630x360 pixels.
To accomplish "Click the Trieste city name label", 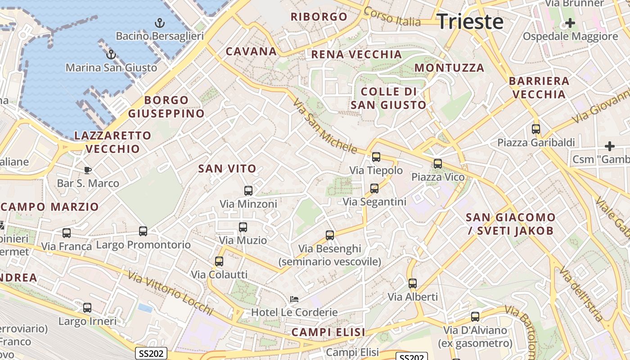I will [x=470, y=22].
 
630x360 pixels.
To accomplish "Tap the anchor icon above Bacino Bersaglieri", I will [x=159, y=22].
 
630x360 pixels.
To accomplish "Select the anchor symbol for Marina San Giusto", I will [x=111, y=54].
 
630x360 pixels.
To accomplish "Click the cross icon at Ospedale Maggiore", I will [x=570, y=22].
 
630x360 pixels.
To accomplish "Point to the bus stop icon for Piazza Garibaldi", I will [x=535, y=129].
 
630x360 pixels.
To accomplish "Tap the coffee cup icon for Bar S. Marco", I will [x=88, y=170].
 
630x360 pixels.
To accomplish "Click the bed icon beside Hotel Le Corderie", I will [x=294, y=299].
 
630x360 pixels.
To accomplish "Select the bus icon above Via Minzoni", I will [x=248, y=190].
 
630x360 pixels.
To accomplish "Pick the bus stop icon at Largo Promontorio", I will [x=143, y=231].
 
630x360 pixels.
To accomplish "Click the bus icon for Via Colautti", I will [x=219, y=261].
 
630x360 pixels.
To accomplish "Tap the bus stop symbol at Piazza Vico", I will [x=438, y=164].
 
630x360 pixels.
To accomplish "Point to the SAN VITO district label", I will [x=227, y=169].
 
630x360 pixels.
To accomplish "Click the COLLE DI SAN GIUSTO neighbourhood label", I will [x=388, y=98].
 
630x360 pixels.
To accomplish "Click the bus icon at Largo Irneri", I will [x=87, y=308].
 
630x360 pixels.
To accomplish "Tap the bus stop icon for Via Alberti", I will [x=413, y=283].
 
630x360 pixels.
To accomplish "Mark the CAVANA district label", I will [x=251, y=51].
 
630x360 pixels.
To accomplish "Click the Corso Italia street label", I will [x=392, y=17].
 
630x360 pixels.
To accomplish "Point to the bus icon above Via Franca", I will [x=67, y=233].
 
